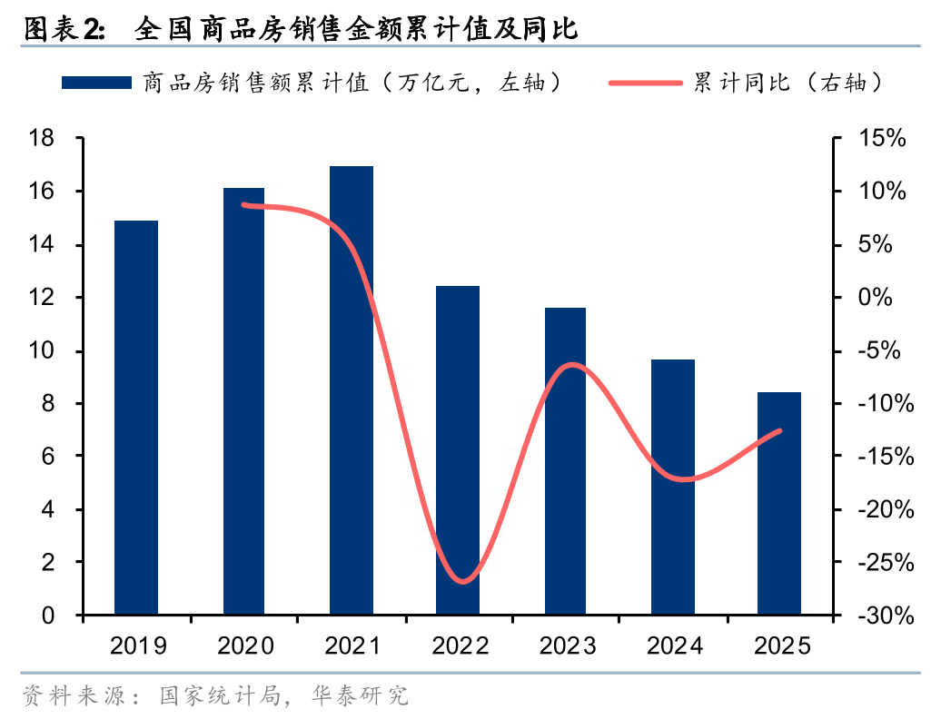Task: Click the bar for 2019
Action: pos(136,418)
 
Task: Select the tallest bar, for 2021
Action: pos(352,390)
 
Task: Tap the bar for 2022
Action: pos(458,450)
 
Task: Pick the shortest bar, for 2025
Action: pos(779,503)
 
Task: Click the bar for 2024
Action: pos(673,487)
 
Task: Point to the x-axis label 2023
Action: pos(567,646)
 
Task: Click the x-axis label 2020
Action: pos(245,646)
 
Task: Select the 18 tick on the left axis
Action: pos(42,139)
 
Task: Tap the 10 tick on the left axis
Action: pos(42,351)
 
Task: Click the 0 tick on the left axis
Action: pos(49,616)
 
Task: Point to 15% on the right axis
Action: pos(881,139)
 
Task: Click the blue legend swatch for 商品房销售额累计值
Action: pos(95,84)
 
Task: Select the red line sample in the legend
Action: pos(646,84)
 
